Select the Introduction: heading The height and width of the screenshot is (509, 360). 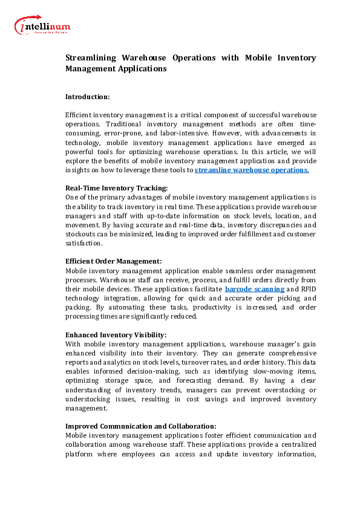click(87, 96)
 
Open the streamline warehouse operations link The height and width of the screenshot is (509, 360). click(252, 170)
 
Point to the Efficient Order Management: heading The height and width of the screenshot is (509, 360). click(113, 261)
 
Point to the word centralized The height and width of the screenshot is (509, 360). click(293, 444)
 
